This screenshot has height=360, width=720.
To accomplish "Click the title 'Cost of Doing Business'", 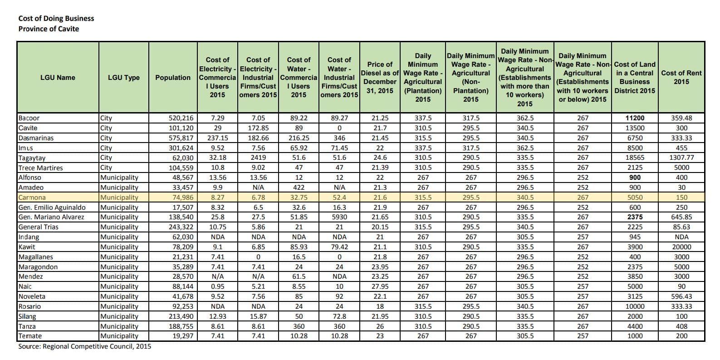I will coord(56,18).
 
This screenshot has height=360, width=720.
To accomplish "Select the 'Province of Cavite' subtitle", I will coord(49,29).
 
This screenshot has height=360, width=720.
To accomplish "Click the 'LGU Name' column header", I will coord(58,77).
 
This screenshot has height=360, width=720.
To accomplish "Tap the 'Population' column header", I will coord(173,77).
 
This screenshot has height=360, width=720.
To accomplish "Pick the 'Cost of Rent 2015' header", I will coord(681,77).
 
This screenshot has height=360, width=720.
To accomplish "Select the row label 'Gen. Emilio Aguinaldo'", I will coord(52,207).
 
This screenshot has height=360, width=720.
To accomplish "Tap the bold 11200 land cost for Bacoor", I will coord(635,118).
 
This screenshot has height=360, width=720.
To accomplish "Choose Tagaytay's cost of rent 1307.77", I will coord(681,158).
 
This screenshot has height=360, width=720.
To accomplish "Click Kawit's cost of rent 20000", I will coord(681,247).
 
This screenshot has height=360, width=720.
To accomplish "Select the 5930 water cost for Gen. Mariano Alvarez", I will coord(339,217).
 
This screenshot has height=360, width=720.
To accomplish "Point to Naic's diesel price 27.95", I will coord(380,286).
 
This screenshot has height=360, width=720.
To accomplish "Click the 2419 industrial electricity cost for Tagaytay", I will coord(258,158).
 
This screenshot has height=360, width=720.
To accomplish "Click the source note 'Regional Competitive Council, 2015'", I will coord(85,346).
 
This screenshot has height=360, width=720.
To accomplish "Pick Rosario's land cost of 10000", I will coord(635,306).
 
